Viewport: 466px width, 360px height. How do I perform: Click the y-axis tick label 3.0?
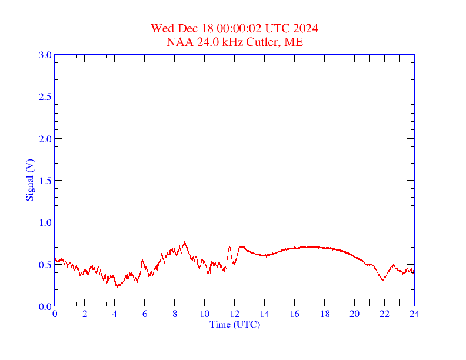tap(45, 55)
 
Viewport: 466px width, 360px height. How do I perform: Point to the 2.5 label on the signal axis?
tap(45, 96)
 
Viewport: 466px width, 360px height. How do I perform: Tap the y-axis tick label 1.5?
tap(45, 181)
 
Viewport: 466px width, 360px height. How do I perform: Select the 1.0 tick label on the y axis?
tap(45, 222)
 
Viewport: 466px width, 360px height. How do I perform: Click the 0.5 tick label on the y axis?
tap(45, 265)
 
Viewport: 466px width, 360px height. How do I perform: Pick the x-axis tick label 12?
tap(235, 314)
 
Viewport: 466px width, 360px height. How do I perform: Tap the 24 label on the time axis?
tap(414, 314)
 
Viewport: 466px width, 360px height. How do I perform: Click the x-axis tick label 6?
tap(145, 314)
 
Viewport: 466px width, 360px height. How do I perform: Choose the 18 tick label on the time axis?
tap(325, 314)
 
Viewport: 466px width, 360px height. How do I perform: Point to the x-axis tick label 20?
tap(354, 314)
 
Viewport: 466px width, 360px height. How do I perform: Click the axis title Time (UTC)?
tap(235, 324)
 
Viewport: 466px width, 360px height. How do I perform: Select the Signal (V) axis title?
tap(29, 180)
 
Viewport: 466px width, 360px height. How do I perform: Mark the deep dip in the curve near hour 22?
tap(382, 280)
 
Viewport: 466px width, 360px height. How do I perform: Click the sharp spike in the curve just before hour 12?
tap(229, 247)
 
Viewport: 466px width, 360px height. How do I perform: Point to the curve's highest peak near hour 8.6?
tap(184, 242)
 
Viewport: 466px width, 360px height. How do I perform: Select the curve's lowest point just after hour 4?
tap(117, 287)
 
